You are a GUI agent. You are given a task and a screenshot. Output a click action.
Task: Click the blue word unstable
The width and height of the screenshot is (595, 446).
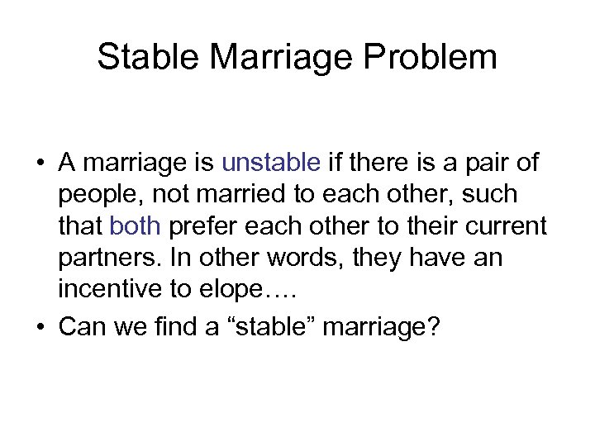point(272,163)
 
